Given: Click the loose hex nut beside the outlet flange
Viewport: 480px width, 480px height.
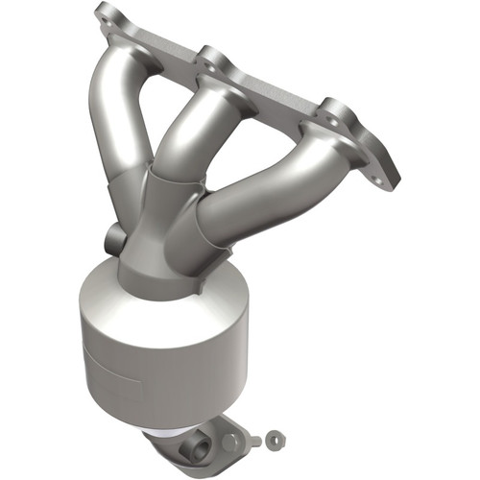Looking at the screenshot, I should tap(274, 441).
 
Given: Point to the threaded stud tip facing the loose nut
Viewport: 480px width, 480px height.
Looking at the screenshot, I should tap(256, 442).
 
